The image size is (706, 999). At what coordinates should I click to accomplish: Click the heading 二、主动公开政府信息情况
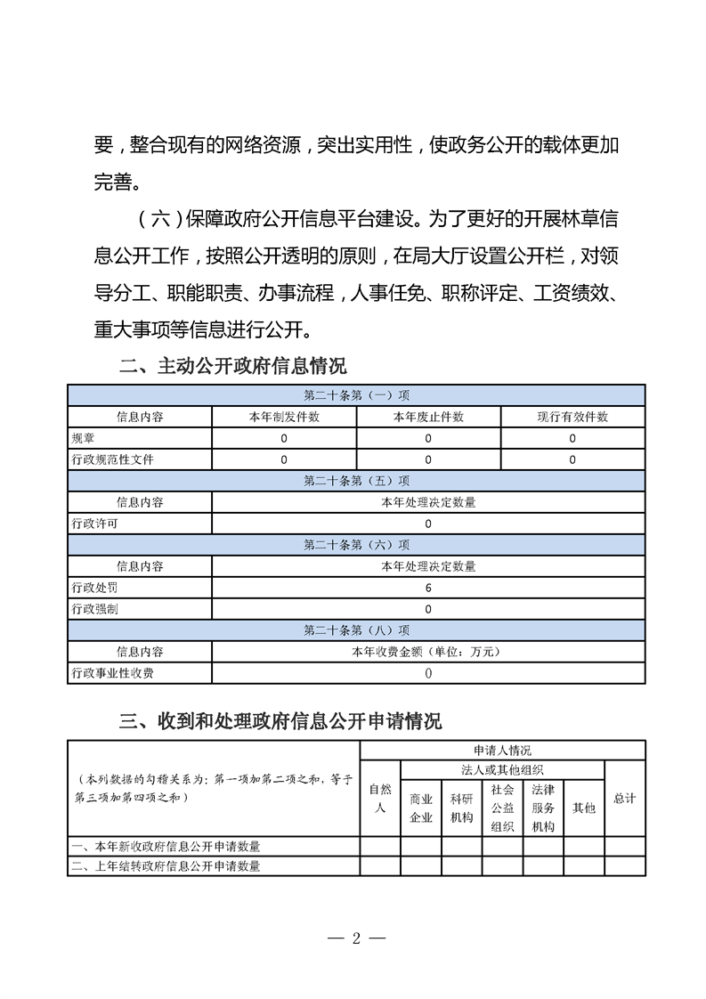tap(232, 366)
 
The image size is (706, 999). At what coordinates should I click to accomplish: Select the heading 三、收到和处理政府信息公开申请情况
tap(280, 720)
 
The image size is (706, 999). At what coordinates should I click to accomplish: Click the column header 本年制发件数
tap(284, 417)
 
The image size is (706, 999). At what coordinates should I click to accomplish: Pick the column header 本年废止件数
tap(428, 417)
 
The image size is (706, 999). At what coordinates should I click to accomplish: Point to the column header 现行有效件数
tap(572, 417)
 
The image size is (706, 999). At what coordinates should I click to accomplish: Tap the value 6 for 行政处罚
tap(428, 588)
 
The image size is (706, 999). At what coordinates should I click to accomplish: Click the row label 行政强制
tap(94, 609)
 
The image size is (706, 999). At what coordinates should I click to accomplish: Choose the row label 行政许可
tap(94, 524)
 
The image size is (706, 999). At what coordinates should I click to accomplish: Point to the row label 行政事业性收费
tap(112, 673)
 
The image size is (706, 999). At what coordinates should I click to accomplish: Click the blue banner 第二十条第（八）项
tap(356, 630)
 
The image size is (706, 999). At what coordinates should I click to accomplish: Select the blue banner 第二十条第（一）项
tap(356, 395)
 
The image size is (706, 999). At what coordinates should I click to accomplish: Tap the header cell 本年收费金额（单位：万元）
tap(428, 652)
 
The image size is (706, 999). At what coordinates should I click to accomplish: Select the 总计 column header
tap(625, 799)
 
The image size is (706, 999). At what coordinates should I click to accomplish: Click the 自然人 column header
tap(380, 799)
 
